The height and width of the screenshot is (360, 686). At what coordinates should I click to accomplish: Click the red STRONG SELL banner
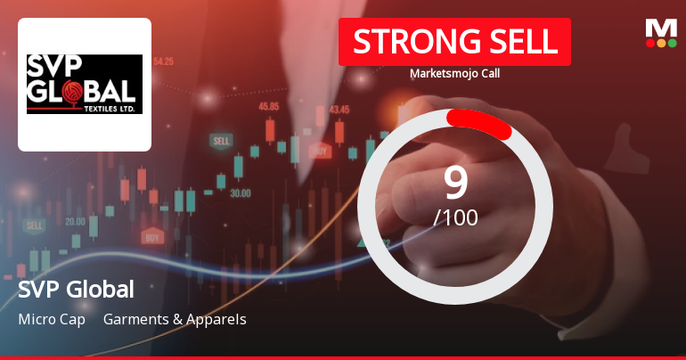(454, 42)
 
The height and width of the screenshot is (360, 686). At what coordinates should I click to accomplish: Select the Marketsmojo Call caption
(454, 73)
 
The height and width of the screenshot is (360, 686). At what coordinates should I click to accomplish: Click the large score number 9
(455, 183)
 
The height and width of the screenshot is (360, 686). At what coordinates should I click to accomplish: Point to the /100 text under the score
(455, 217)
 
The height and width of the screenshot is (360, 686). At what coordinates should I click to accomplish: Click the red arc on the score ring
(479, 124)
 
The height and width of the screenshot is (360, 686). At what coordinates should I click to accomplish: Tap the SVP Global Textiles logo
(85, 85)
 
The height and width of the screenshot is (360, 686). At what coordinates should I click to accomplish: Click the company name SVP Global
(76, 290)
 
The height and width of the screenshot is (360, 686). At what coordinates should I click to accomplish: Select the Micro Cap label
(52, 319)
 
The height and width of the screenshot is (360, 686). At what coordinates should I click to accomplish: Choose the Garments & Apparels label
(175, 319)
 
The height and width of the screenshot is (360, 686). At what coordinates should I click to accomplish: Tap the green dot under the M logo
(673, 43)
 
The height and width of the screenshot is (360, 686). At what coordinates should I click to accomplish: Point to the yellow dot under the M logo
(661, 43)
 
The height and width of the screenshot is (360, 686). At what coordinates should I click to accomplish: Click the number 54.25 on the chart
(163, 61)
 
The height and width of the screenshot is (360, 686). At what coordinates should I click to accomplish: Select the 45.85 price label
(268, 106)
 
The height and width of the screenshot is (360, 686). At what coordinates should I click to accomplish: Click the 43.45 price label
(339, 110)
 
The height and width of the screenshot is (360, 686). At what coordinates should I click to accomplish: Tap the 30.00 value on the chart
(240, 192)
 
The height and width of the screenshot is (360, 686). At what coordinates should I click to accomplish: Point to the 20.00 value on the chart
(75, 221)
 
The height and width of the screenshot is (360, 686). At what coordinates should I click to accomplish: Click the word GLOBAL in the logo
(84, 92)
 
